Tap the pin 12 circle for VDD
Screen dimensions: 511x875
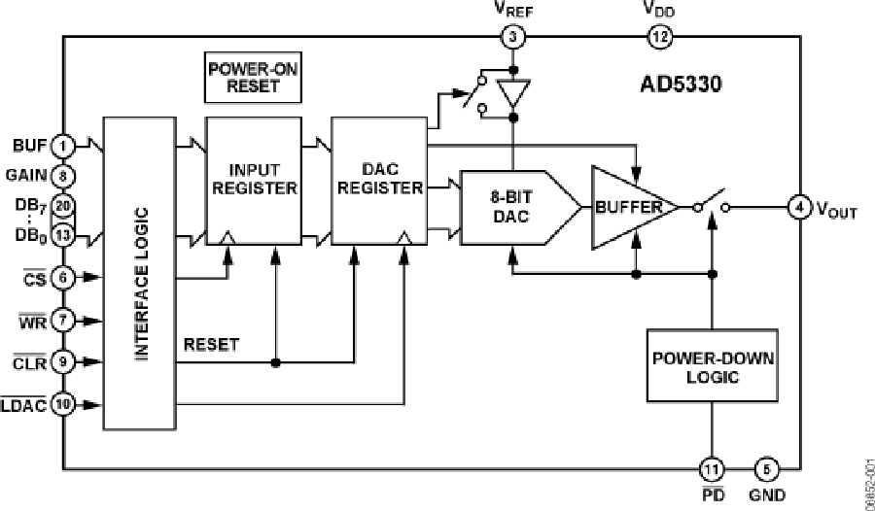pyautogui.click(x=659, y=38)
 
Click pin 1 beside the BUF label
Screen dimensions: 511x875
pyautogui.click(x=63, y=147)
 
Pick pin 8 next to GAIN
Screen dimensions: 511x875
pyautogui.click(x=63, y=177)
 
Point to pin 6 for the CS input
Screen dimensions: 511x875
pyautogui.click(x=63, y=276)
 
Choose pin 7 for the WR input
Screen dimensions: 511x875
pyautogui.click(x=63, y=319)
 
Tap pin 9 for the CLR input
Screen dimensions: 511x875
pyautogui.click(x=63, y=362)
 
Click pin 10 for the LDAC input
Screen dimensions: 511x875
pyautogui.click(x=63, y=403)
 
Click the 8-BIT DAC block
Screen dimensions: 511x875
pyautogui.click(x=510, y=207)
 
